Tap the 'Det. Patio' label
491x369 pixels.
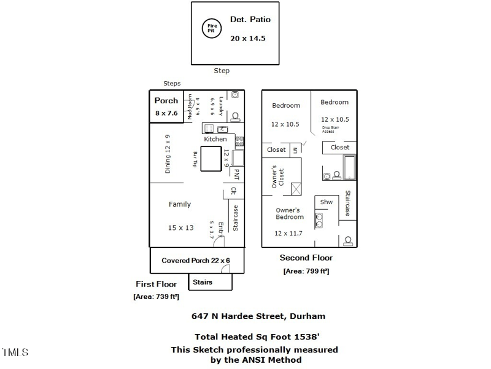(250, 20)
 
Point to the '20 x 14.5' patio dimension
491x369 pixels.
(250, 38)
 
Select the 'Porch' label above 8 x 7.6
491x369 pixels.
(166, 100)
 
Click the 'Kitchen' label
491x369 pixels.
(215, 139)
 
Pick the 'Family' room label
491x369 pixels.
(180, 204)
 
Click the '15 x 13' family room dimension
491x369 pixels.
(180, 228)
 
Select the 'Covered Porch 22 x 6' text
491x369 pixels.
(196, 260)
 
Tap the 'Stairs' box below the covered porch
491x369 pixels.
(203, 282)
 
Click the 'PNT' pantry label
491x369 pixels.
(234, 173)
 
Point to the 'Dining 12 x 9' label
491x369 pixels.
(168, 154)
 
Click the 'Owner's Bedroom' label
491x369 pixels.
(289, 213)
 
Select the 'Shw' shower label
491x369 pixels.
(326, 202)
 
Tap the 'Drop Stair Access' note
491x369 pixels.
(328, 130)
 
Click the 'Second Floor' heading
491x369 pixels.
(306, 258)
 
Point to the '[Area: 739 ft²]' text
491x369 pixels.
(156, 296)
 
